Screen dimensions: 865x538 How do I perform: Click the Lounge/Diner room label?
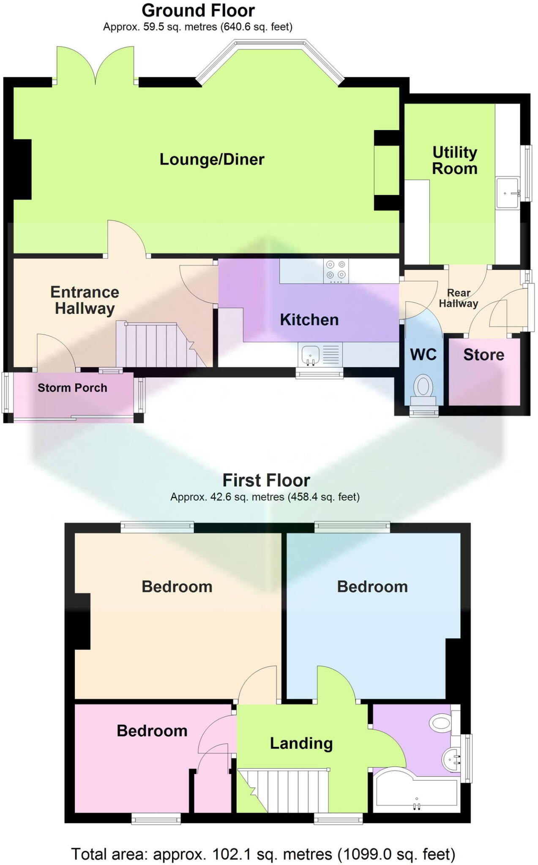click(x=212, y=159)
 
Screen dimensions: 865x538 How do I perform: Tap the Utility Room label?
click(x=454, y=160)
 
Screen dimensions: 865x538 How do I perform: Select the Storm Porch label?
click(x=72, y=388)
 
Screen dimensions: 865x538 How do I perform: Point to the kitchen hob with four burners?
click(x=336, y=270)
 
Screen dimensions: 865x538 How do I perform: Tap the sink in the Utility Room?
click(x=508, y=193)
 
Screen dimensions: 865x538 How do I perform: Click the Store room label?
click(x=483, y=355)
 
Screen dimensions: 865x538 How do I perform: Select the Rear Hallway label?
click(x=459, y=298)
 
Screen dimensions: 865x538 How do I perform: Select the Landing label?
click(x=301, y=744)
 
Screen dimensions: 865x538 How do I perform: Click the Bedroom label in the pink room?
click(x=152, y=731)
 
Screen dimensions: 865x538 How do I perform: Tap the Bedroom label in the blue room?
click(x=372, y=587)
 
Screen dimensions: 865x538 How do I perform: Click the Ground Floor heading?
click(x=198, y=11)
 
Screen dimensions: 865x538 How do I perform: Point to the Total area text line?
click(x=263, y=854)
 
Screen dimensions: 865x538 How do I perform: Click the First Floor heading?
click(x=266, y=481)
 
